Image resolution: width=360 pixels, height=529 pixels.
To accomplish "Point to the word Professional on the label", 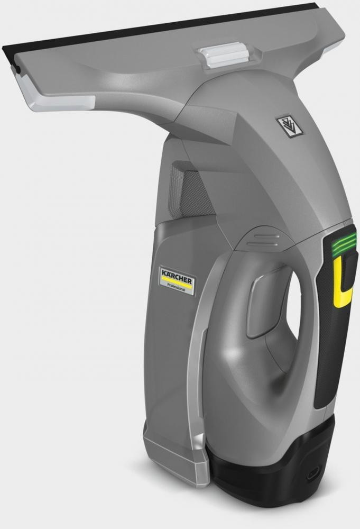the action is point(176,287).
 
